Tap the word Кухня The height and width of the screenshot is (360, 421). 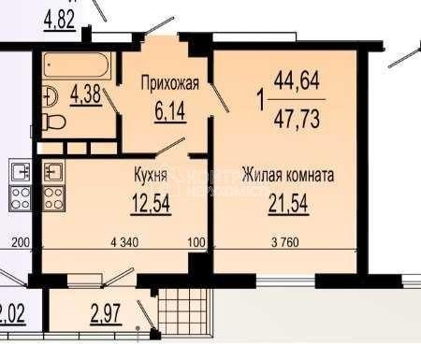(x=150, y=175)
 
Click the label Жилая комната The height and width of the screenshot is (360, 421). (x=287, y=175)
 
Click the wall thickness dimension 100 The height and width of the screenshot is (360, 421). (x=196, y=244)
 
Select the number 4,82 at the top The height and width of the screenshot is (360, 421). (x=59, y=18)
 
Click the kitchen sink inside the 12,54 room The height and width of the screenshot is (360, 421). (x=53, y=172)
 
